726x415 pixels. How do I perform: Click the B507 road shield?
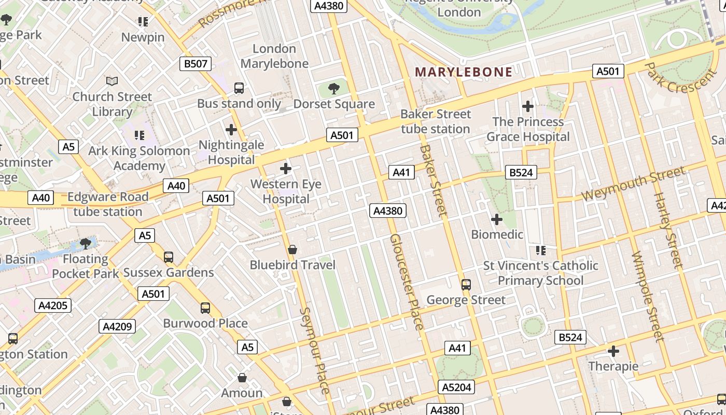(196, 64)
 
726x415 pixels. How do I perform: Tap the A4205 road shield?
(53, 305)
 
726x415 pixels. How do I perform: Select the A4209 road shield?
(118, 326)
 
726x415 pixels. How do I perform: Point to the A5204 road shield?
(457, 387)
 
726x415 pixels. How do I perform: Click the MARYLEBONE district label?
(464, 72)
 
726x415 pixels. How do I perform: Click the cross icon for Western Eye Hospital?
(286, 169)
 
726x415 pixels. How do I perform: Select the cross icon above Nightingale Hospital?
(231, 129)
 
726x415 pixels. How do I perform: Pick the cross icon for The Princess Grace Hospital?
(528, 106)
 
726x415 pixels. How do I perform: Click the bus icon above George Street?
(466, 284)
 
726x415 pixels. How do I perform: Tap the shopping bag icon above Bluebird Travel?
(292, 250)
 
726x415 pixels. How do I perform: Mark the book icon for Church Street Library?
(112, 81)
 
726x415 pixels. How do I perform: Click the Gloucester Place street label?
(407, 281)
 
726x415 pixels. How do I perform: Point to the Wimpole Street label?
(648, 297)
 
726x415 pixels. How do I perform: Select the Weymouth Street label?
(633, 185)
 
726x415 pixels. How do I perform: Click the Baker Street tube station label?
(436, 121)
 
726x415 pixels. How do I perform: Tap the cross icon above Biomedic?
(497, 219)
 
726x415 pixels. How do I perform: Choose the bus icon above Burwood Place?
(205, 308)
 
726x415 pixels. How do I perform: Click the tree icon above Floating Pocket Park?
(86, 243)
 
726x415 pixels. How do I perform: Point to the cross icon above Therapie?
(613, 351)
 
